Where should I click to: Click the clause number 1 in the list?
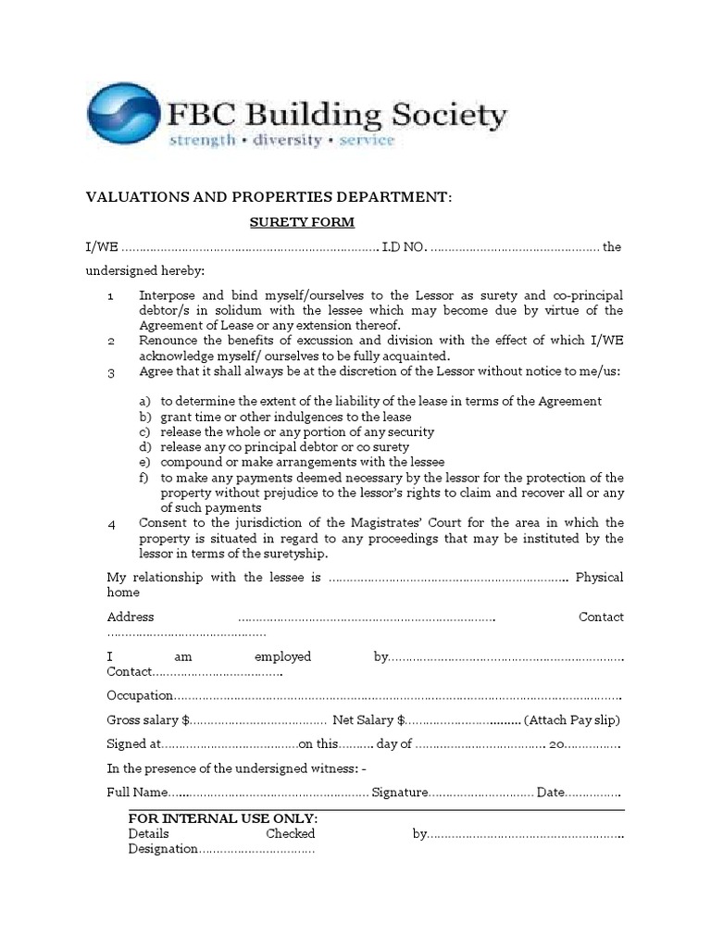[x=110, y=296]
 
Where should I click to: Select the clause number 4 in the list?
[x=111, y=524]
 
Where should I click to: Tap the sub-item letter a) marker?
[x=144, y=401]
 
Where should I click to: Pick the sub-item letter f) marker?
[x=144, y=478]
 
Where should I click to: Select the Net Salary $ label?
[x=368, y=720]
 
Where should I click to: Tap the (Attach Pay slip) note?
[x=571, y=720]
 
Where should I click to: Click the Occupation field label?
[x=140, y=695]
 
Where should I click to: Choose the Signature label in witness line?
[x=399, y=793]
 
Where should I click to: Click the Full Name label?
[x=136, y=793]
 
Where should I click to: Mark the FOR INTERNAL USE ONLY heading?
[x=223, y=818]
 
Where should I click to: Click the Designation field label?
[x=163, y=849]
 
